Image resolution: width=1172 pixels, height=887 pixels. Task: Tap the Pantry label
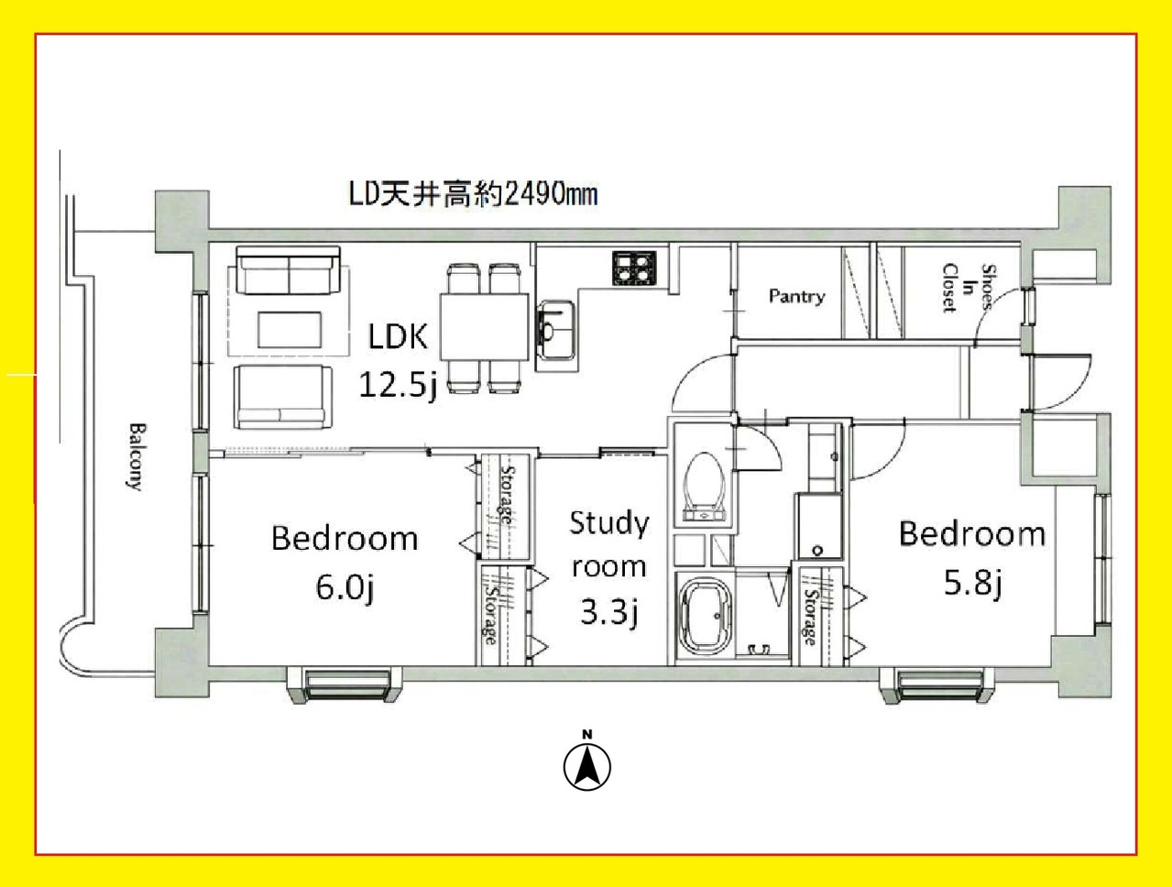click(796, 296)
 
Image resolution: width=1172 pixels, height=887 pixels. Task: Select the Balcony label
click(136, 457)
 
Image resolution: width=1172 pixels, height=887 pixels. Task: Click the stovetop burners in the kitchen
click(635, 268)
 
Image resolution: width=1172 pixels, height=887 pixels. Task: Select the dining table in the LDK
click(484, 326)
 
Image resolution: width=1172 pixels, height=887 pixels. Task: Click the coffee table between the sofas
click(290, 329)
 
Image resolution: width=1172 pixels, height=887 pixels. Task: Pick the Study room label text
click(608, 545)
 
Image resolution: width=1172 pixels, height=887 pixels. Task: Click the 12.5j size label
click(398, 386)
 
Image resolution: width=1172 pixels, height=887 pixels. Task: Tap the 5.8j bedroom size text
click(972, 584)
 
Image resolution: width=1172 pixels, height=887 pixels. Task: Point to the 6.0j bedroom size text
click(345, 587)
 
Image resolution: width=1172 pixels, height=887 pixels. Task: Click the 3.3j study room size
click(608, 613)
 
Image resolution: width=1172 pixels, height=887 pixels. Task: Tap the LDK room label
click(398, 337)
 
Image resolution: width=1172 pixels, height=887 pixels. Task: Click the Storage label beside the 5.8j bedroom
click(810, 617)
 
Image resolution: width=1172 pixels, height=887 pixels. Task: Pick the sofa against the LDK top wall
click(289, 270)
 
